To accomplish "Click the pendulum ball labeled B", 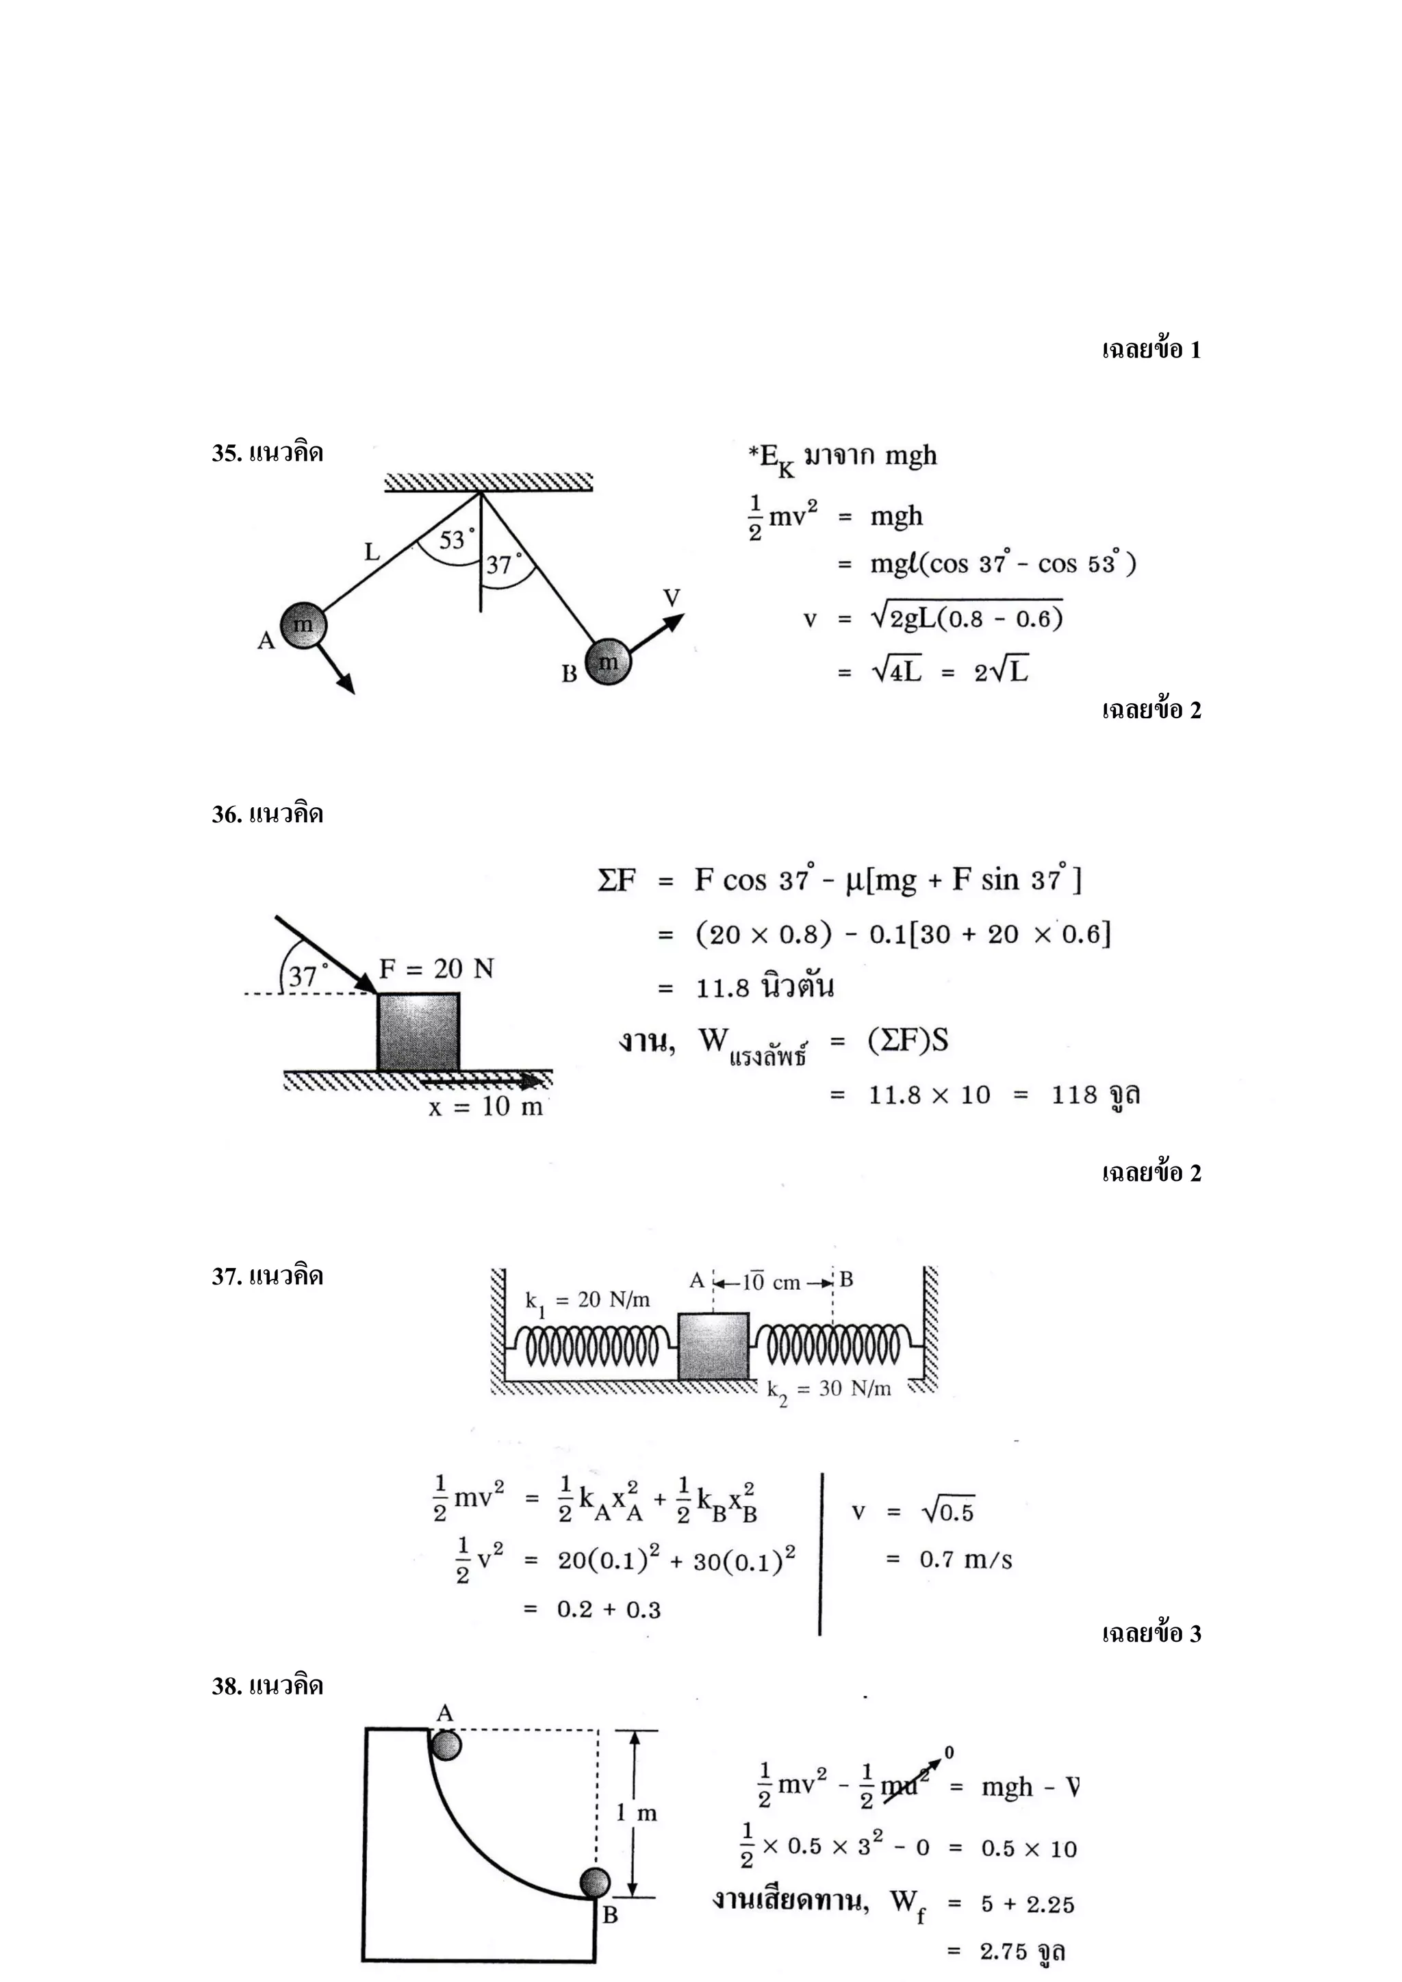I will (x=608, y=662).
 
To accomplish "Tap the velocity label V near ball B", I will (x=671, y=598).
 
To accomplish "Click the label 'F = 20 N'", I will (x=436, y=969).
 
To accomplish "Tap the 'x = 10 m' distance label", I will (x=485, y=1106).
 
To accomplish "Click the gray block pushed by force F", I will (x=418, y=1032).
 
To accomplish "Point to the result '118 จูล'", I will (x=1095, y=1095).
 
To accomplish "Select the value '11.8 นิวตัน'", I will (x=765, y=987).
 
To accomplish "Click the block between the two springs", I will (x=713, y=1346).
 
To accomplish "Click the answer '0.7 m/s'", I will (x=965, y=1559).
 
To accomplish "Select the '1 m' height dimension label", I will (x=636, y=1813).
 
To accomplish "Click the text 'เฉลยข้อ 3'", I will (x=1151, y=1634).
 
